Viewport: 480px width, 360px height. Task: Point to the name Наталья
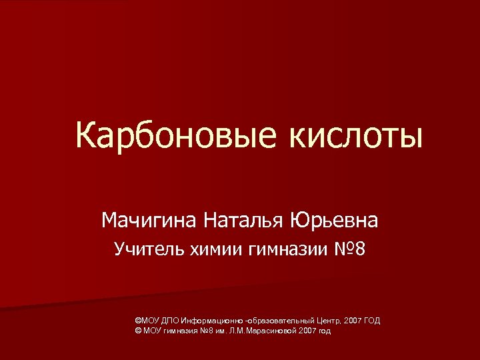(x=244, y=219)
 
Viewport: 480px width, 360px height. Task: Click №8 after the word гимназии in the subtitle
(x=349, y=250)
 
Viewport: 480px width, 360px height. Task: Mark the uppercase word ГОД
(x=372, y=321)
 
